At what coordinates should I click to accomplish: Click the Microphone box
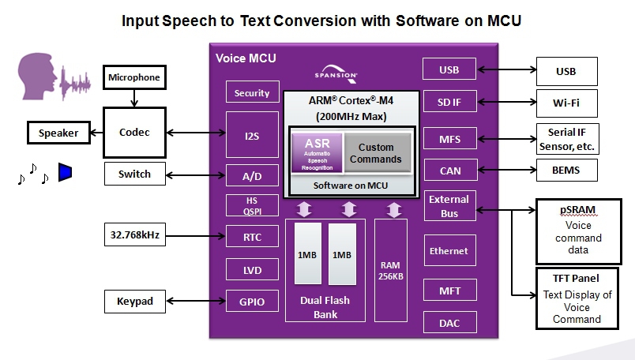pos(134,77)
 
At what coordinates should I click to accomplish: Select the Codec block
pos(134,133)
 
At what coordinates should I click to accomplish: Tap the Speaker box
pos(58,133)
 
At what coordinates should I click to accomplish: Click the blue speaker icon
pos(65,172)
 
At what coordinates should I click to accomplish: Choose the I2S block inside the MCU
pos(252,135)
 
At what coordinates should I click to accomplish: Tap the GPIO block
pos(252,301)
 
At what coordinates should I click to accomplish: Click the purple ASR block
pos(317,152)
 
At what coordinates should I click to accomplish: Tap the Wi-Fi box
pos(566,103)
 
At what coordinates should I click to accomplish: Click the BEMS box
pos(566,170)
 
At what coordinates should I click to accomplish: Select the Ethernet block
pos(449,251)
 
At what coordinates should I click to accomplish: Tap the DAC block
pos(449,322)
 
